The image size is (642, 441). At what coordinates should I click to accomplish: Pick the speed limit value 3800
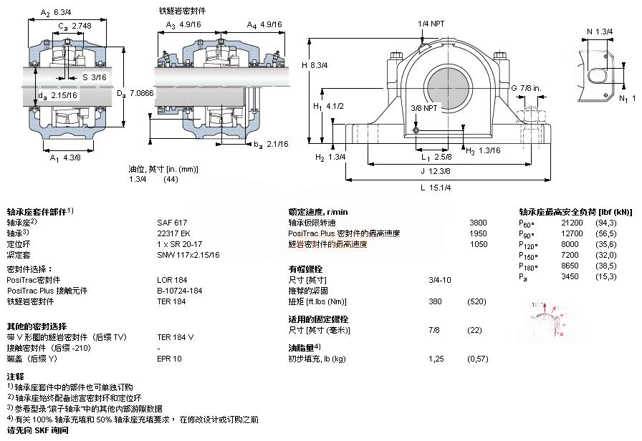[x=477, y=223]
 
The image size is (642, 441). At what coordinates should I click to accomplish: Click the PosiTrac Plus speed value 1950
[x=477, y=233]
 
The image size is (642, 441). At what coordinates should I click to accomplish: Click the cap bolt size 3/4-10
[x=439, y=279]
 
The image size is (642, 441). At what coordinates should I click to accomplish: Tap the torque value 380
[x=434, y=301]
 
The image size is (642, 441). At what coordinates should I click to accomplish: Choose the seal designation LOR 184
[x=171, y=279]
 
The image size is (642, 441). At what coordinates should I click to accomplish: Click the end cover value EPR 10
[x=169, y=358]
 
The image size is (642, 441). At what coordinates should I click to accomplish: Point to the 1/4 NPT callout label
[x=431, y=24]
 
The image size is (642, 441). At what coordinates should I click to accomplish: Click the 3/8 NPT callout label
[x=426, y=107]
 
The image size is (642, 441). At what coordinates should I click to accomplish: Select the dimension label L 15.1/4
[x=439, y=187]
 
